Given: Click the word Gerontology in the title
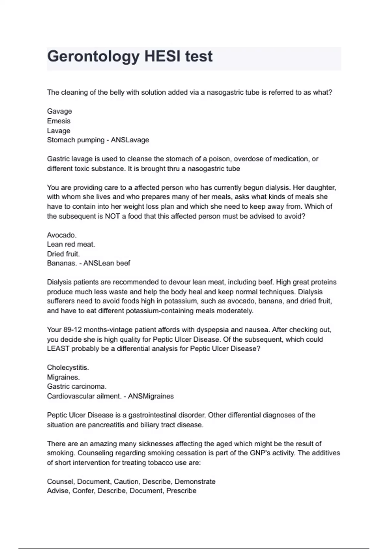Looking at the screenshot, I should tap(93, 57).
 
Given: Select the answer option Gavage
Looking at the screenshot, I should tap(59, 111).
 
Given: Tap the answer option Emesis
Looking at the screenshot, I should tap(59, 121).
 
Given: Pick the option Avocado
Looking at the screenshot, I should tap(61, 235).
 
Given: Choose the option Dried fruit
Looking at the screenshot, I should tap(63, 254).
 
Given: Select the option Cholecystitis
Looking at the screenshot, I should tap(68, 368).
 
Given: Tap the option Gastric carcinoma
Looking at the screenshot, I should tap(77, 387).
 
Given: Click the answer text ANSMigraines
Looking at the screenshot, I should tap(151, 396).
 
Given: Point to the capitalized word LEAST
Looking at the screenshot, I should tap(58, 349).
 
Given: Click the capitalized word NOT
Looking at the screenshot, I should tap(112, 216).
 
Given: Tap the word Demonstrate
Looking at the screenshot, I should tap(195, 482).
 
